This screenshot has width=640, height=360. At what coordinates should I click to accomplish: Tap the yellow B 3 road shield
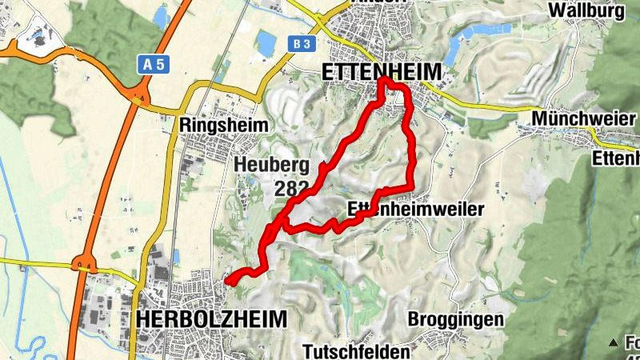(x=301, y=43)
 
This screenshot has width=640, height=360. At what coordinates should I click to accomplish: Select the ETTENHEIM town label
(x=381, y=72)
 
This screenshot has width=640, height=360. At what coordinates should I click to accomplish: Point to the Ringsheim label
(x=223, y=126)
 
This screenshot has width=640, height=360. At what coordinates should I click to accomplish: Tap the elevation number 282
(x=290, y=189)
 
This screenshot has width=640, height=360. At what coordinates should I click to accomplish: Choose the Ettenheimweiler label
(x=417, y=210)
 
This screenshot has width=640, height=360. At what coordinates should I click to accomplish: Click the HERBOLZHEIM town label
(x=211, y=318)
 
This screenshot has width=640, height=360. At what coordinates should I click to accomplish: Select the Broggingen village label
(x=455, y=319)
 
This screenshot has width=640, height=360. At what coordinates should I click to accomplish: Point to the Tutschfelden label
(x=357, y=350)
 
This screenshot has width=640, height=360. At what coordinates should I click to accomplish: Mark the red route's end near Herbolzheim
(x=228, y=282)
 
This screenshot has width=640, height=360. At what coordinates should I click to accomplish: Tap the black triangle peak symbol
(x=613, y=342)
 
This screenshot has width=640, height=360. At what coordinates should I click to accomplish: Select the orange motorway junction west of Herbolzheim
(x=83, y=264)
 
